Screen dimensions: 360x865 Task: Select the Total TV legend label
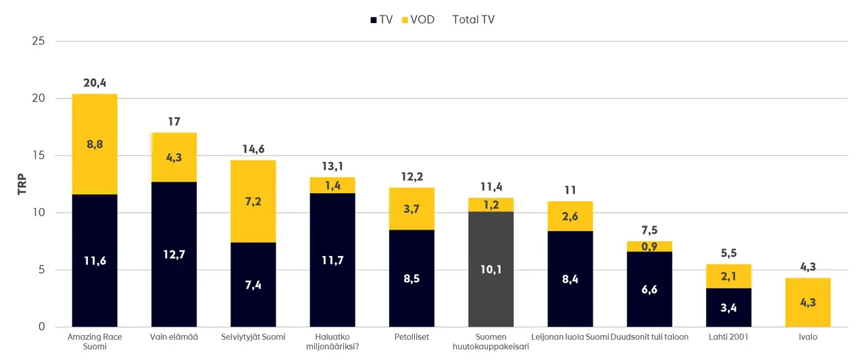point(473,20)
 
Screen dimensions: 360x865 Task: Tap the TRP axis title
point(22,184)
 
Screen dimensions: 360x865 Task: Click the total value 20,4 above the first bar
point(95,83)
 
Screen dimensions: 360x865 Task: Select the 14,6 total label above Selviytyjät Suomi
point(253,149)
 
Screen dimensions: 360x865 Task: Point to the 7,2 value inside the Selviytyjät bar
point(253,201)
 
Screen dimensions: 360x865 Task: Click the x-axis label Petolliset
point(411,336)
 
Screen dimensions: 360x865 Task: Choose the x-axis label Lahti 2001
point(728,336)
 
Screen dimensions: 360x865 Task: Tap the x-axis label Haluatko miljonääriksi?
point(332,341)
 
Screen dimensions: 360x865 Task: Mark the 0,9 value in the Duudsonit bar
point(649,247)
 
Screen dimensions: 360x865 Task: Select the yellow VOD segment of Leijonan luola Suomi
point(570,216)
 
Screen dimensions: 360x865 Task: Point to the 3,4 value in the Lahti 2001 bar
point(728,308)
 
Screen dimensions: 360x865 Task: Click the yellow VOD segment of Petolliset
point(411,209)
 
